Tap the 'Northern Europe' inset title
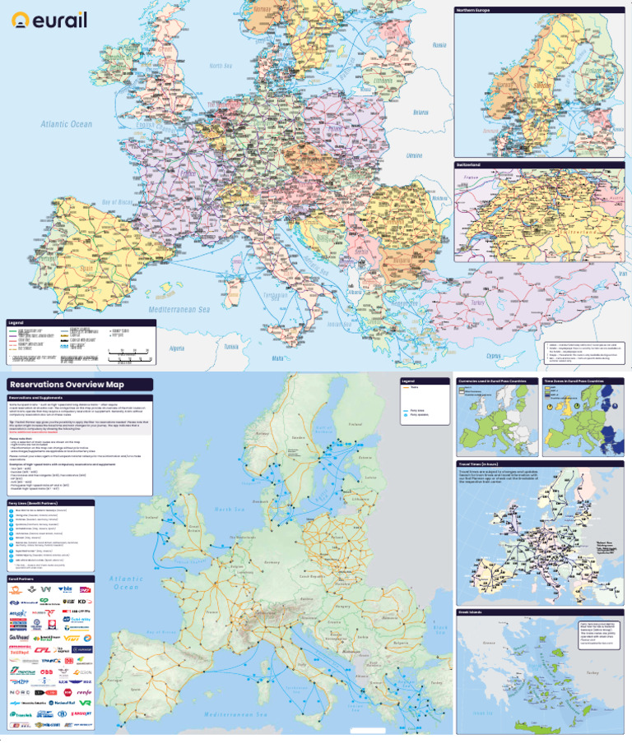click(475, 11)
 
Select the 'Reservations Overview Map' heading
click(67, 385)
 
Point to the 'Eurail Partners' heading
click(23, 579)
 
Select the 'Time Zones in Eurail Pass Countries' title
click(579, 381)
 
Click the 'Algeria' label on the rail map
click(176, 348)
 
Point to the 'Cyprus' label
click(493, 356)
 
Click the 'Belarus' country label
click(421, 112)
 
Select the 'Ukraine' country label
click(414, 155)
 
